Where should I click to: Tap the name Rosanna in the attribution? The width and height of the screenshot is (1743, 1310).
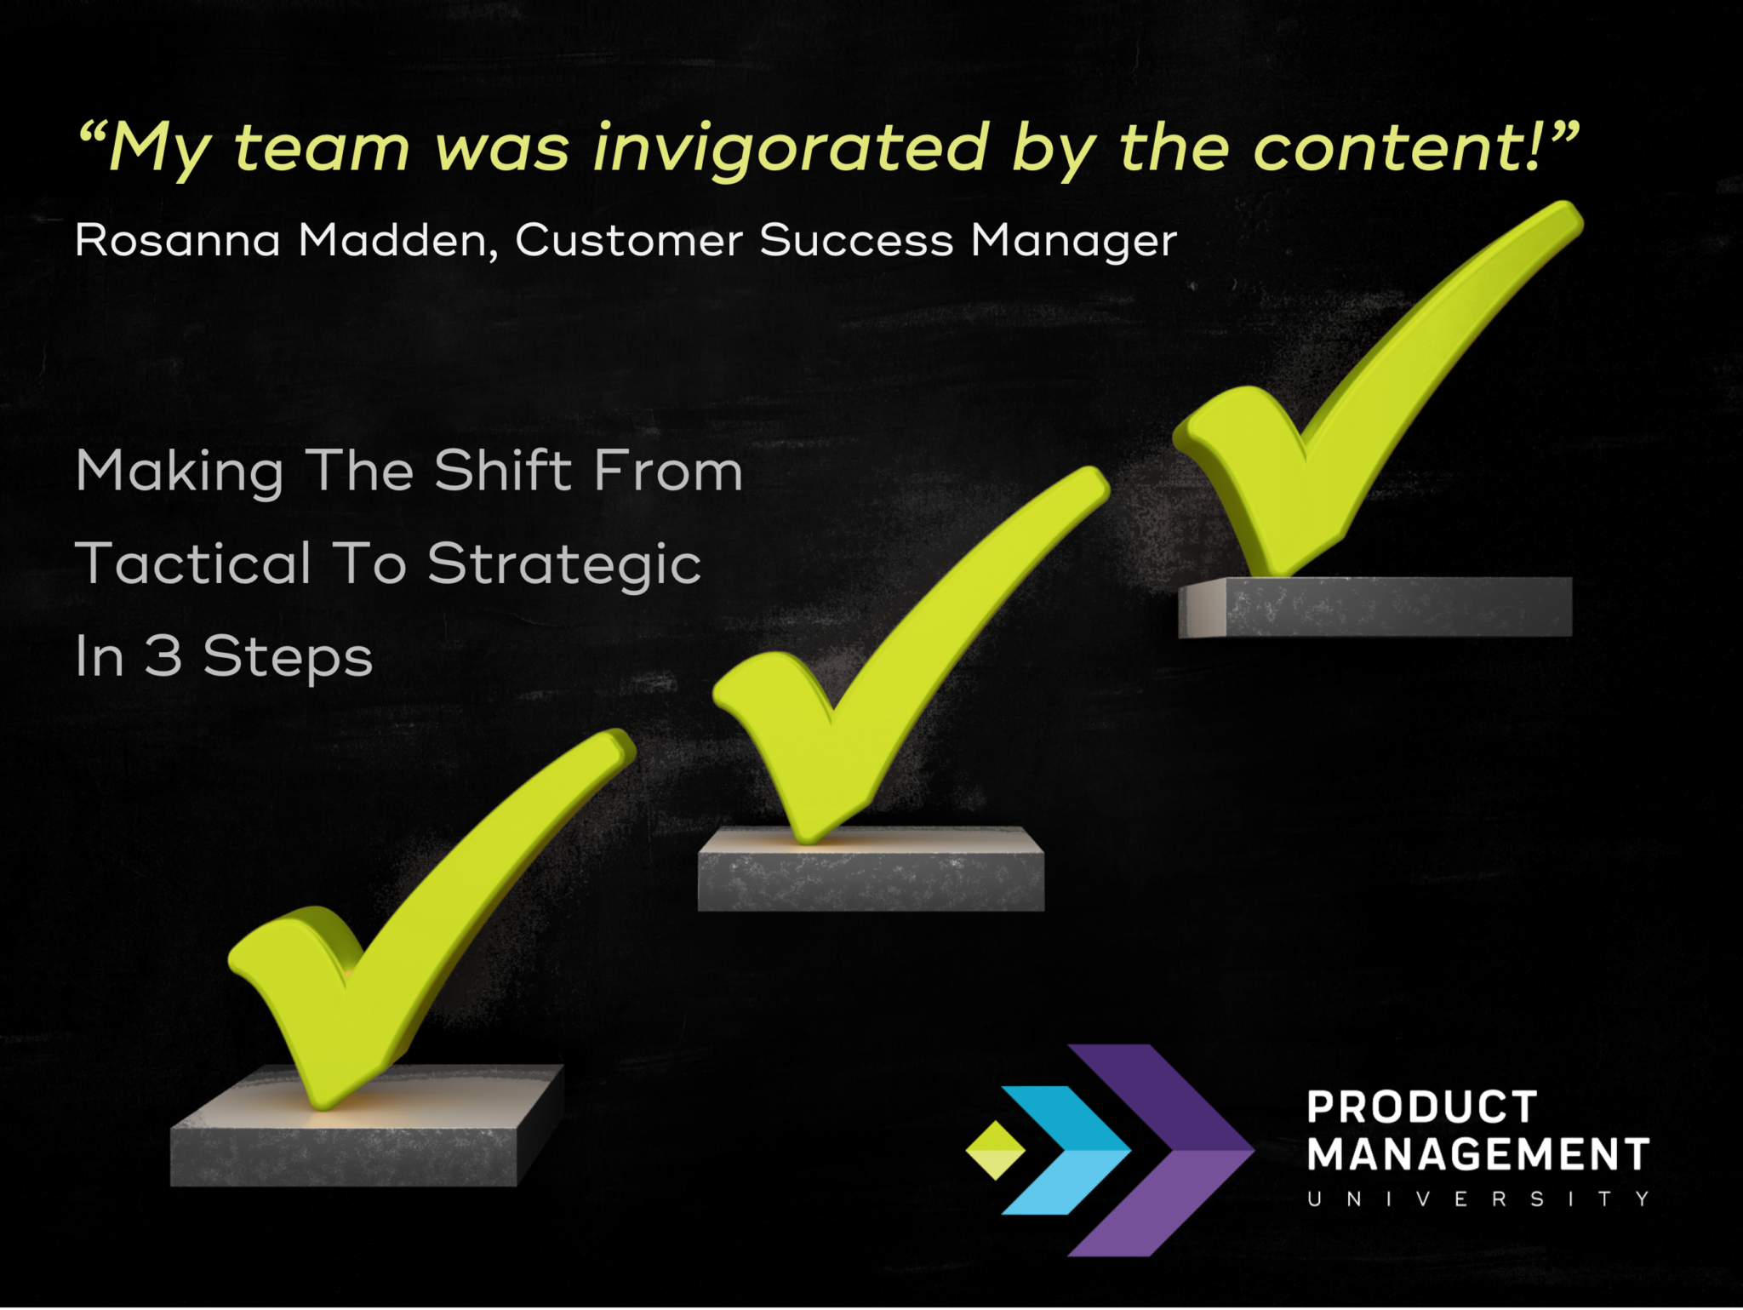pyautogui.click(x=177, y=240)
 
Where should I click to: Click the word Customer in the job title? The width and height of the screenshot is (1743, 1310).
pyautogui.click(x=628, y=240)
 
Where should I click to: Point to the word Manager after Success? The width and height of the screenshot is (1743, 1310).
pyautogui.click(x=1074, y=242)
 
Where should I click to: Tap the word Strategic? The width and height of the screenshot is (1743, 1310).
pyautogui.click(x=564, y=565)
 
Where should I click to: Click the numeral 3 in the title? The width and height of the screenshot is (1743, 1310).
pyautogui.click(x=163, y=656)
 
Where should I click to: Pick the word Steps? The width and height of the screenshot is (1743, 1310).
pyautogui.click(x=288, y=658)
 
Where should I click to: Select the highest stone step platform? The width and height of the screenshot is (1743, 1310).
pyautogui.click(x=1396, y=606)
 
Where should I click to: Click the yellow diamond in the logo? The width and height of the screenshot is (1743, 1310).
pyautogui.click(x=995, y=1150)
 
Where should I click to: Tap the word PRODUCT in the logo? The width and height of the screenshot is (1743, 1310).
pyautogui.click(x=1421, y=1107)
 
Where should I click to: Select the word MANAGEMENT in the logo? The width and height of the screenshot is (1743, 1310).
pyautogui.click(x=1478, y=1155)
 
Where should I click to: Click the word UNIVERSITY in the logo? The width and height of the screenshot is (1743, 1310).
pyautogui.click(x=1478, y=1199)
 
